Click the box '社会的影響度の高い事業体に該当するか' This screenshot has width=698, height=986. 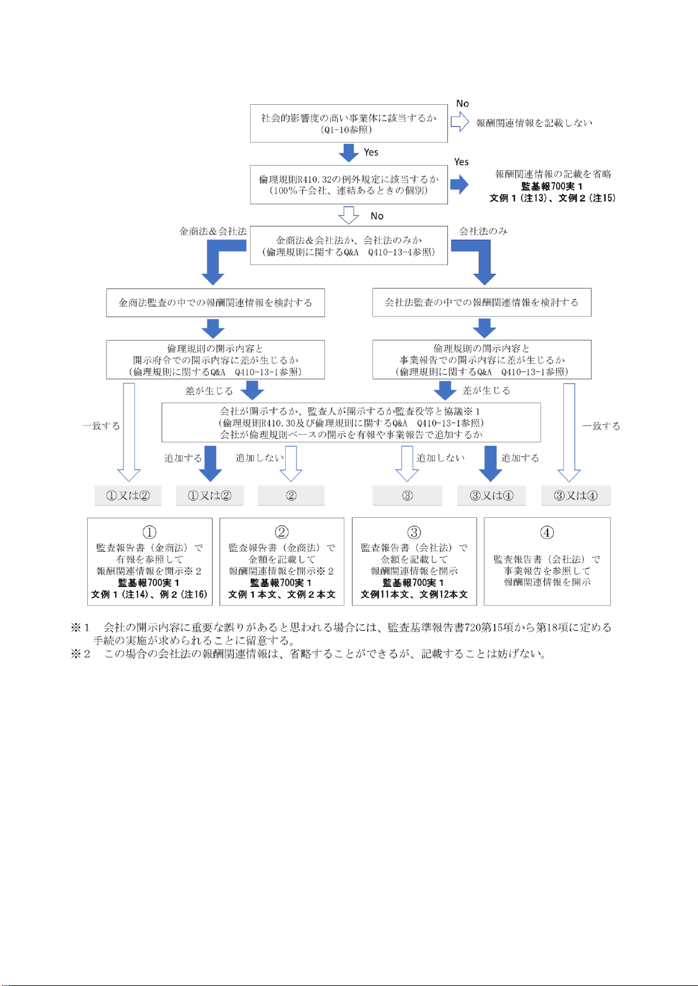point(348,123)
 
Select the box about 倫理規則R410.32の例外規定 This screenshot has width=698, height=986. point(348,184)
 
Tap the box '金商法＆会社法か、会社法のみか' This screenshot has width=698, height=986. point(348,246)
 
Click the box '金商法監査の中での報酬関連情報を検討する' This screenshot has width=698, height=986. point(215,303)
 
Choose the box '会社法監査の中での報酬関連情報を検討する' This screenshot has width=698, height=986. point(481,303)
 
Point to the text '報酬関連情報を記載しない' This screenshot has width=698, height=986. point(534,123)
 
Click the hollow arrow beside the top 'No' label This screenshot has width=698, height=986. point(460,121)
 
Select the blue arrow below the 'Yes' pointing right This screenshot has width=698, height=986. point(460,184)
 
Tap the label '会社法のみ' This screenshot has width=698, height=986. point(483,231)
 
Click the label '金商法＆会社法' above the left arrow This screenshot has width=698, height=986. point(213,231)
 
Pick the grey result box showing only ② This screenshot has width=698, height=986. point(291,496)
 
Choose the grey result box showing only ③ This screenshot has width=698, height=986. point(407,496)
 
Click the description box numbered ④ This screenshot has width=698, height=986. point(547,561)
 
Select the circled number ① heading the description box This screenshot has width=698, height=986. point(149,532)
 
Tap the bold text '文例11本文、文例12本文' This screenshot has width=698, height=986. point(414,595)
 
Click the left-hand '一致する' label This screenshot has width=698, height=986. point(101,426)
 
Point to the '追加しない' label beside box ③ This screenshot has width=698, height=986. point(440,458)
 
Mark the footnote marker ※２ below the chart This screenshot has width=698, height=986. point(81,654)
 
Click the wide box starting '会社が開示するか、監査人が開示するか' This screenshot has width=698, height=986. point(351,422)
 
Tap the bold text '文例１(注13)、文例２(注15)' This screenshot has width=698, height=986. point(552,198)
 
